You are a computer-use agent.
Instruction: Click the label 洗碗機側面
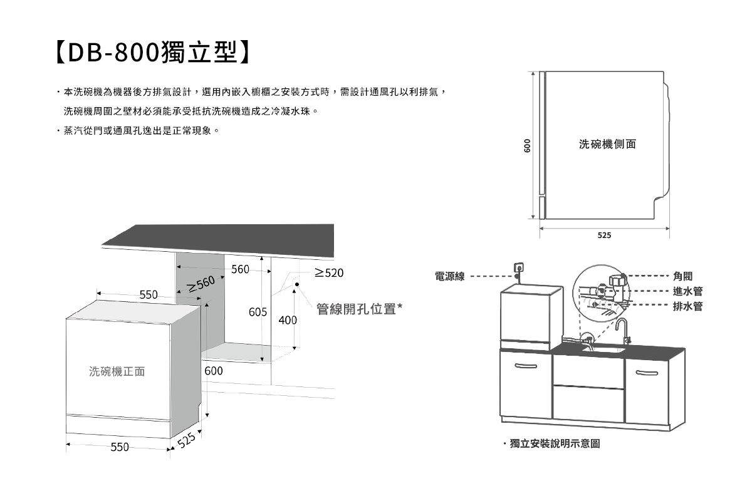607,145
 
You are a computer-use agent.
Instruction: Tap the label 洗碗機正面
117,371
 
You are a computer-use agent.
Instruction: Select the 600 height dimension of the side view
528,145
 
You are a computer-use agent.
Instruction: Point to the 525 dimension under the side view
603,236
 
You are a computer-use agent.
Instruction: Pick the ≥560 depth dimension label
201,284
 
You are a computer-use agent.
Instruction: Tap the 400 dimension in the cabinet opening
288,320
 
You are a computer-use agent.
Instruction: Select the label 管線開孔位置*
358,309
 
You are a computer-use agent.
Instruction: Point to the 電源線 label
450,276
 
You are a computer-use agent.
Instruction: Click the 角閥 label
682,276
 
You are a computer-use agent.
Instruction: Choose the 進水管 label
687,291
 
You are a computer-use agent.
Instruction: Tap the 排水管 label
687,306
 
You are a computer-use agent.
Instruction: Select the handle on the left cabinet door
525,366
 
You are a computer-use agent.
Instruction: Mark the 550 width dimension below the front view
120,447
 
